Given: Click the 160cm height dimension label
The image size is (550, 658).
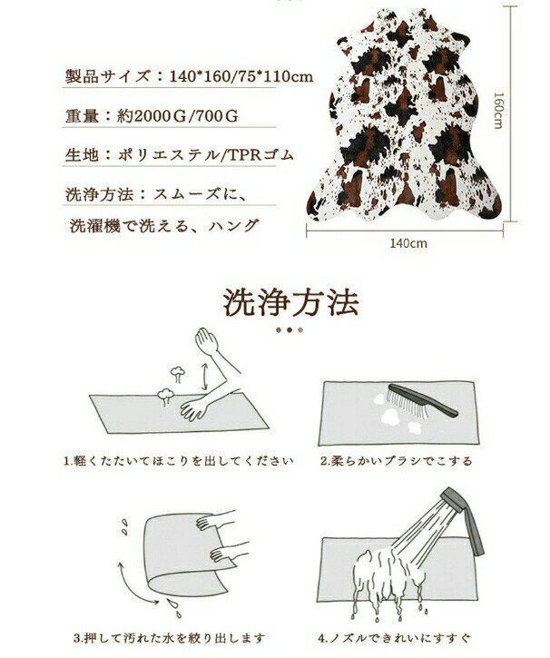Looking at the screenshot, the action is click(498, 111).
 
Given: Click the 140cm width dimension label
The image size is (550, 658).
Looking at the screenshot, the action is click(408, 243).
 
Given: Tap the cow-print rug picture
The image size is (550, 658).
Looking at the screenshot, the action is click(405, 115).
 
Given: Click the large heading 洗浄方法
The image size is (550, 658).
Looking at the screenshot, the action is click(290, 301).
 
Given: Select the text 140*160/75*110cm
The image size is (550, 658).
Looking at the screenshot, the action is click(241, 76).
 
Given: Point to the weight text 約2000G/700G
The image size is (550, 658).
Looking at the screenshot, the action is click(178, 116).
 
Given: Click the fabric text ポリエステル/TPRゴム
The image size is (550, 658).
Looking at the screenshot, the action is click(205, 155).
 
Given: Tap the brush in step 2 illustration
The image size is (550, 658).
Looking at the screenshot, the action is click(423, 400).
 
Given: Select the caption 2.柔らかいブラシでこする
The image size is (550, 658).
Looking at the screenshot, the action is click(396, 461).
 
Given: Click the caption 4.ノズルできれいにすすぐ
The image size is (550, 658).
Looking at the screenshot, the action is click(394, 638).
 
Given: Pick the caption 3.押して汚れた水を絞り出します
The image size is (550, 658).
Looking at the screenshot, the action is click(169, 638).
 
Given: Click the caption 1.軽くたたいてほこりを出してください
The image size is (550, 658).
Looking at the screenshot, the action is click(178, 461).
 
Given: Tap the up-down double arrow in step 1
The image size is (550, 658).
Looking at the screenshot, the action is click(204, 377).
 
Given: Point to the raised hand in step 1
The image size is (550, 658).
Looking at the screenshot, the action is click(206, 340).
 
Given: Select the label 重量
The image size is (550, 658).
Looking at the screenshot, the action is click(82, 116).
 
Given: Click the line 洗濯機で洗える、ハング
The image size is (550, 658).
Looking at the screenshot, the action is click(163, 226).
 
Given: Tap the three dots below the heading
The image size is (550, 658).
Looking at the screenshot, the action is click(290, 329).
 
